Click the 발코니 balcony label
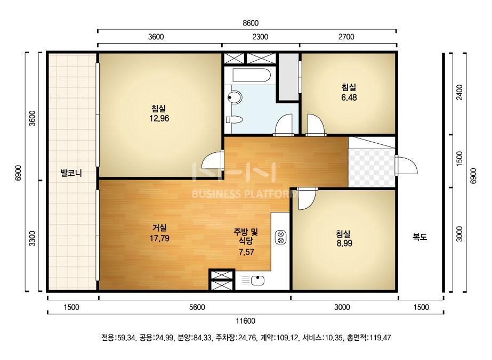tap(71, 173)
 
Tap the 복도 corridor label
tap(420, 237)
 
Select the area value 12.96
tap(159, 118)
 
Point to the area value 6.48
tap(349, 97)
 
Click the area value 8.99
tap(344, 243)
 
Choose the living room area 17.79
tap(159, 238)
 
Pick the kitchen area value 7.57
tap(246, 252)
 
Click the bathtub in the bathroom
tap(252, 75)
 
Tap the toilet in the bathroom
tap(235, 120)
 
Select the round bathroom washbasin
tap(235, 97)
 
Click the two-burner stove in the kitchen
tap(281, 238)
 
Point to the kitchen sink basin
tap(257, 280)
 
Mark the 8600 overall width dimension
tap(251, 23)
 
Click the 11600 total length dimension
tap(245, 321)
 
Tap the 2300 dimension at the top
tap(260, 37)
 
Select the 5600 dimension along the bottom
tap(197, 307)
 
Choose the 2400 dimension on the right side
tap(459, 92)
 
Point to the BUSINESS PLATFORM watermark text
tap(245, 194)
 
